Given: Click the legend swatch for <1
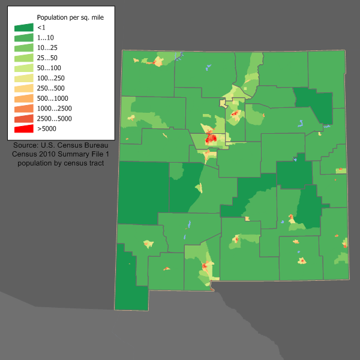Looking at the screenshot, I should click(24, 28).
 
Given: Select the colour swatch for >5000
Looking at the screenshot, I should click(24, 128).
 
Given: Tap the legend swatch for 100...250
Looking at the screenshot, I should click(24, 78).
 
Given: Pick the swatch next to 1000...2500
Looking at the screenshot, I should click(24, 108).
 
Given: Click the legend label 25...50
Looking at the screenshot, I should click(47, 58).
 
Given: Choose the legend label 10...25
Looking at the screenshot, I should click(47, 47).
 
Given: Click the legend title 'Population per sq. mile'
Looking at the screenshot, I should click(70, 17).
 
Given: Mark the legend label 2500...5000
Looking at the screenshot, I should click(54, 118).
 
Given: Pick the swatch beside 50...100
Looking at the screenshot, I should click(24, 68).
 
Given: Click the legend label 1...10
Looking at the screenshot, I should click(46, 37).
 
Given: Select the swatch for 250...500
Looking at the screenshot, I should click(24, 88).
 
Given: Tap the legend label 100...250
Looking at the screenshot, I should click(52, 78).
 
